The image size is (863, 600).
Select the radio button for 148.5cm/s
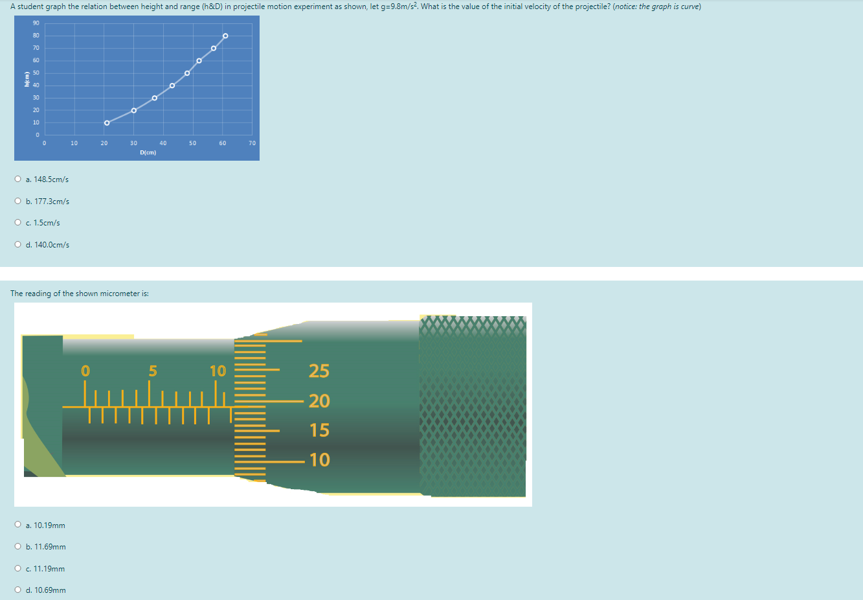17,179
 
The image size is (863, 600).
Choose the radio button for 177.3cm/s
17,202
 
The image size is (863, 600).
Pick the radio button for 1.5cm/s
17,223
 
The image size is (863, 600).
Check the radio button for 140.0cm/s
17,245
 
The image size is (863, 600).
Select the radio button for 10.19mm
17,525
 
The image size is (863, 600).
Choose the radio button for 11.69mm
17,547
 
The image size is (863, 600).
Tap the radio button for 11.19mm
17,569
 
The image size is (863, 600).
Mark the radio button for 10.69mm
17,590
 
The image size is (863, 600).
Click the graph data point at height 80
225,36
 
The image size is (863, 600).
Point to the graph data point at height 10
107,122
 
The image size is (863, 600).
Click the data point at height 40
172,86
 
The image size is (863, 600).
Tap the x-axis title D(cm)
148,153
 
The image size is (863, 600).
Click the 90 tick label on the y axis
36,23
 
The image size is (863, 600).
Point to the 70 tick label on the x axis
252,143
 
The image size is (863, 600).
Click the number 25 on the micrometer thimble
319,371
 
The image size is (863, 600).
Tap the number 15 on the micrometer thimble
319,430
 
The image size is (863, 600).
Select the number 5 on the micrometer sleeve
153,371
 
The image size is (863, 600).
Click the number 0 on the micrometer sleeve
85,371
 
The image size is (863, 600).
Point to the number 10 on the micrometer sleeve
218,371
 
